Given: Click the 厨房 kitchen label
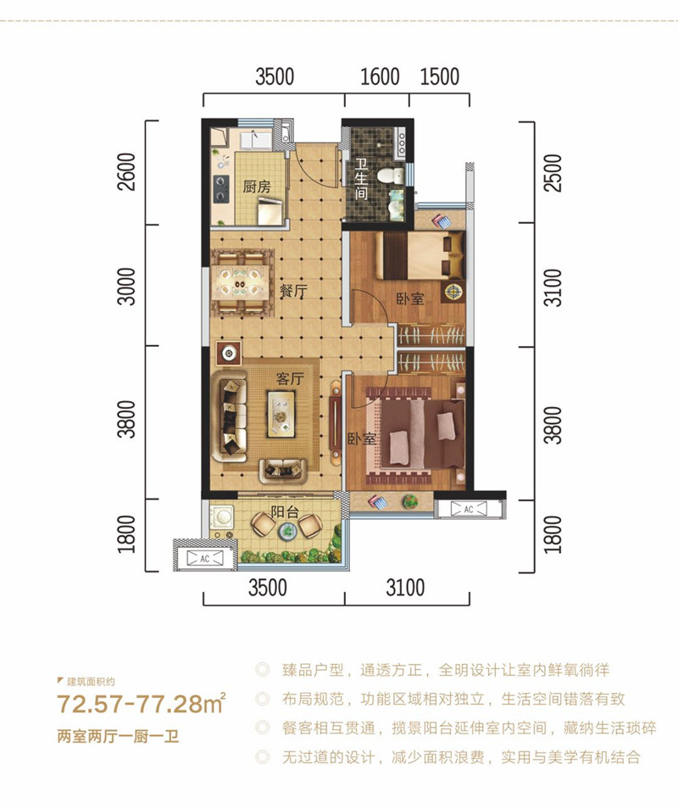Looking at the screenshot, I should pyautogui.click(x=256, y=187).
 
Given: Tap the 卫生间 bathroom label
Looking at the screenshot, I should pyautogui.click(x=360, y=180).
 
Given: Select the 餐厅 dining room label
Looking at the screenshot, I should pyautogui.click(x=292, y=291).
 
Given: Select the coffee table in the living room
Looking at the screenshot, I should pyautogui.click(x=279, y=413).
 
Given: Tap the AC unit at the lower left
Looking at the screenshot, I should pyautogui.click(x=203, y=557).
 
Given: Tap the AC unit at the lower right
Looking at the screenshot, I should pyautogui.click(x=466, y=509).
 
